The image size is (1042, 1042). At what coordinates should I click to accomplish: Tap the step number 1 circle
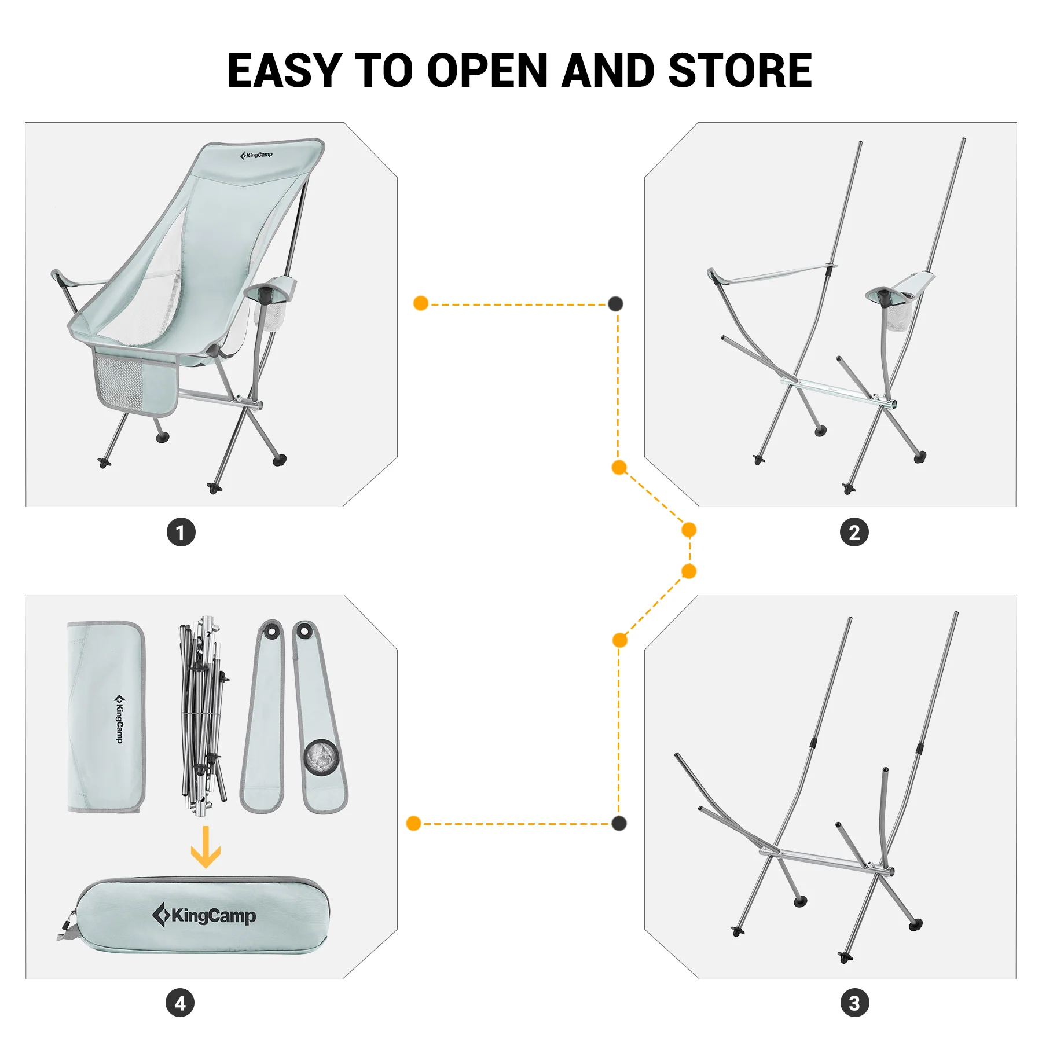coord(181,532)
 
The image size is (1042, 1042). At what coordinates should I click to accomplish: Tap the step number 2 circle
coord(854,532)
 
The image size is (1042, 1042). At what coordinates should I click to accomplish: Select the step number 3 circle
coord(854,1003)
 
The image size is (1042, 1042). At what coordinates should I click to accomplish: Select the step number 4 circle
coord(180,1003)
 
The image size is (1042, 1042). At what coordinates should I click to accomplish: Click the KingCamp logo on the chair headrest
coord(256,155)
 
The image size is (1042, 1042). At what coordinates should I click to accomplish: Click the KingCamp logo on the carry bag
coord(204,915)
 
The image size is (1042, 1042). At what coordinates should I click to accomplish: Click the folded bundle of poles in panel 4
coord(202,718)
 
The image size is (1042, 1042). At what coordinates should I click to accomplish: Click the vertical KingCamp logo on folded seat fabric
coord(119,718)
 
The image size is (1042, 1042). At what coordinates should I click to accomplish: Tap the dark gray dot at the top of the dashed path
coord(615,304)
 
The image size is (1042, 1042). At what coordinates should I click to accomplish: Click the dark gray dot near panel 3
coord(619,823)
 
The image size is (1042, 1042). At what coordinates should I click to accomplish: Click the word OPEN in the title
coord(487,71)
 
